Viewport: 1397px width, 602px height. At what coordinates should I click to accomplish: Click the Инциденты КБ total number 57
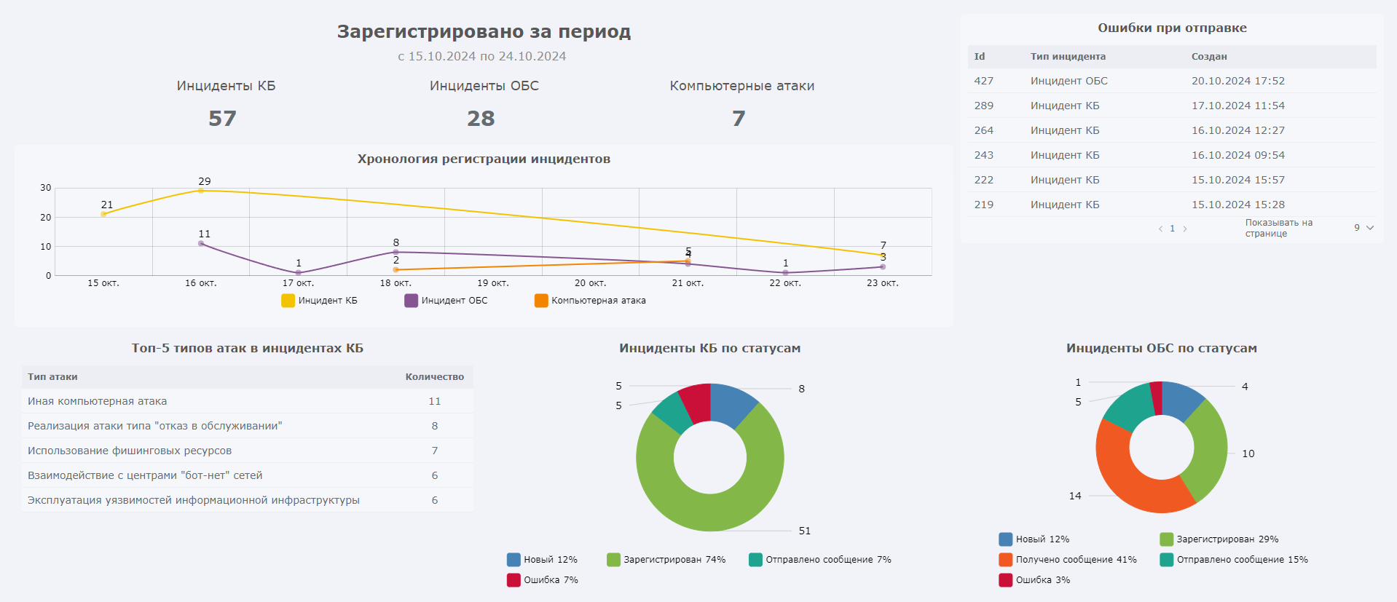(x=222, y=119)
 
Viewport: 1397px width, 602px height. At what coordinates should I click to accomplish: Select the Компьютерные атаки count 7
(x=739, y=119)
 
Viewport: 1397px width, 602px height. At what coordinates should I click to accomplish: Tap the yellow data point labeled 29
(x=201, y=191)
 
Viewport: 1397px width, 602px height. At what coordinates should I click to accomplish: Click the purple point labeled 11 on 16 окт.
(x=201, y=243)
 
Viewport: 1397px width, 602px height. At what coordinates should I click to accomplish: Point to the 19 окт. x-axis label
(x=493, y=283)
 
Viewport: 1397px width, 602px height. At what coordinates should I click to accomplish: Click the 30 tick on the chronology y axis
(x=46, y=188)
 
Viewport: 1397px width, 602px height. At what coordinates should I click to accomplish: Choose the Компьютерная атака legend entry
(x=590, y=301)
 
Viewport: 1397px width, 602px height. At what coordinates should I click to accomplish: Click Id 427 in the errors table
(x=984, y=81)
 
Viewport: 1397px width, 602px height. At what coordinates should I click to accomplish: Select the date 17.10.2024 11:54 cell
(x=1237, y=106)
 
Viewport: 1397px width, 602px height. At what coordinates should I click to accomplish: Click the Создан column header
(x=1209, y=57)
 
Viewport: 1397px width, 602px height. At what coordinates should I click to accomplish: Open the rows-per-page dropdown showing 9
(x=1363, y=228)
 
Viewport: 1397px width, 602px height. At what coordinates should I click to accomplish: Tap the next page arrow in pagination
(x=1185, y=229)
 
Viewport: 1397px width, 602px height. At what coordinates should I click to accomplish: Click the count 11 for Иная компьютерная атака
(x=435, y=401)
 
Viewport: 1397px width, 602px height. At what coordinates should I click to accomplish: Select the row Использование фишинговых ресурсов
(x=130, y=451)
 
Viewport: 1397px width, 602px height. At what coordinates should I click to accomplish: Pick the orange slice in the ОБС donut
(x=1129, y=480)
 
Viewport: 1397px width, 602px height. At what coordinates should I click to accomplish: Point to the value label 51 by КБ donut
(x=804, y=531)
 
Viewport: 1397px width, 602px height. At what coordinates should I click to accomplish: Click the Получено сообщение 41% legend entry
(x=1068, y=560)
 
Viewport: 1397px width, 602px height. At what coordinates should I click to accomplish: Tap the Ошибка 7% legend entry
(x=543, y=580)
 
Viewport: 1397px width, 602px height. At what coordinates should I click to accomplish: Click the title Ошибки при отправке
(x=1172, y=28)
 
